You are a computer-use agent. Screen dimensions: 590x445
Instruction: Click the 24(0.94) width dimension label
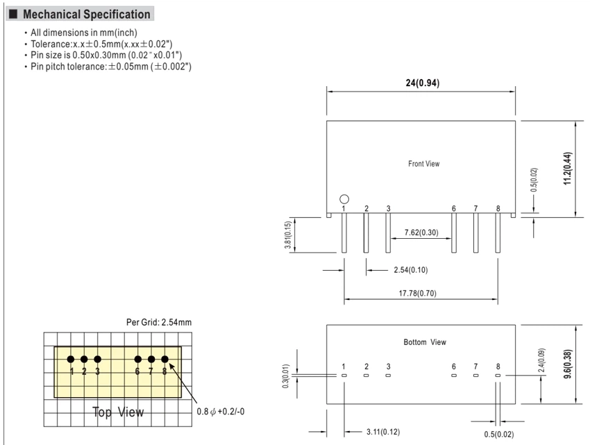tap(423, 83)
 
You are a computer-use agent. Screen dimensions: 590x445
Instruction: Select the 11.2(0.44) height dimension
tap(567, 168)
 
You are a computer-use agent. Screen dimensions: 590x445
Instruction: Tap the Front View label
tap(423, 164)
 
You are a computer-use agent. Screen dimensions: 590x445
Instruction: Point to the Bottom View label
tap(425, 342)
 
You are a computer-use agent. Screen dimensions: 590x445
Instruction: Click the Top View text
tap(118, 412)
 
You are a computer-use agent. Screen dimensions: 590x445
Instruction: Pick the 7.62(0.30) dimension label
tap(421, 233)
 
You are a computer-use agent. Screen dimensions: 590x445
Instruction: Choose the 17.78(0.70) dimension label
tap(418, 293)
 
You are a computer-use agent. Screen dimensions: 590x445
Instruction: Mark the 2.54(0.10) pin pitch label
tap(411, 270)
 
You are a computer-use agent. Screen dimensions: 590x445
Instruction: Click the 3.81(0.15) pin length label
tap(288, 235)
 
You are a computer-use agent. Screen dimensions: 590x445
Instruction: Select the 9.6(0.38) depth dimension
tap(567, 364)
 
